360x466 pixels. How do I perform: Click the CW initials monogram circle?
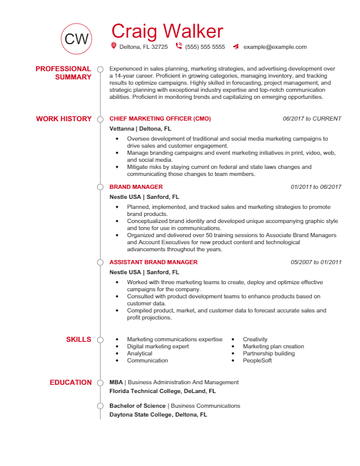[x=76, y=39]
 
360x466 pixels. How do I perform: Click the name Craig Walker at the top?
[x=167, y=31]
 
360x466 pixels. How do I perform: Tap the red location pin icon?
[x=114, y=46]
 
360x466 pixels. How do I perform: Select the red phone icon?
[x=179, y=46]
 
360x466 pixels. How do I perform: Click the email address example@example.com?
[x=275, y=46]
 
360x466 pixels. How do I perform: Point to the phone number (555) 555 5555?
[x=205, y=46]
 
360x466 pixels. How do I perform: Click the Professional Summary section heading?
[x=64, y=73]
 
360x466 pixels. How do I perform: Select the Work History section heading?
[x=64, y=119]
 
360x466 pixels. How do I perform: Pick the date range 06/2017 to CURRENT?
[x=312, y=119]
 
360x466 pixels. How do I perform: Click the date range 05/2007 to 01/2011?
[x=316, y=262]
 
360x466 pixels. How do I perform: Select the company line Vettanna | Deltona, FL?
[x=140, y=128]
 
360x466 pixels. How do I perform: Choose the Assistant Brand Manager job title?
[x=153, y=262]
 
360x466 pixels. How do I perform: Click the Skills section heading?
[x=78, y=339]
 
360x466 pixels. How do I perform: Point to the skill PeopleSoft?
[x=257, y=361]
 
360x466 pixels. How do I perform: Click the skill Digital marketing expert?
[x=158, y=347]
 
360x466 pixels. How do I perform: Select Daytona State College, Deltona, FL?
[x=158, y=414]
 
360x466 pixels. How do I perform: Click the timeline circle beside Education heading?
[x=100, y=382]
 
